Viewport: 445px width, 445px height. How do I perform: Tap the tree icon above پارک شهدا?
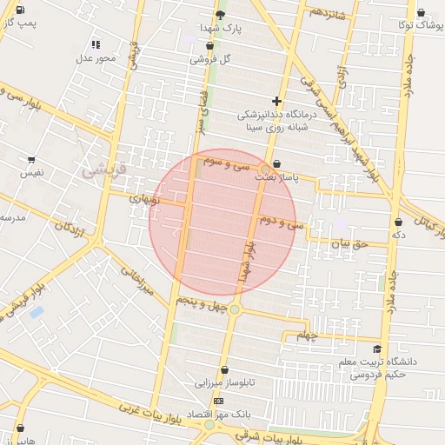pos(220,15)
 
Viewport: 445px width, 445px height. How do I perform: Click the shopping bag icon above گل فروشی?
pos(198,46)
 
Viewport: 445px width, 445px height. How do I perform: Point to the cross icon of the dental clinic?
pos(277,101)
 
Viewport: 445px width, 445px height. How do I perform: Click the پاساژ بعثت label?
pos(276,176)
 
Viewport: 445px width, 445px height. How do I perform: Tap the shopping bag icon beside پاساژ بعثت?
pos(276,163)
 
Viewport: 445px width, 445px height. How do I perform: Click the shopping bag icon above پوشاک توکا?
pos(422,13)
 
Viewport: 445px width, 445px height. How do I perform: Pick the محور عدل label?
pos(95,58)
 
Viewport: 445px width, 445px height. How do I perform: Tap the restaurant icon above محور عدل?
pos(96,44)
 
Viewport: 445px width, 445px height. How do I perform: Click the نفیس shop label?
pos(32,173)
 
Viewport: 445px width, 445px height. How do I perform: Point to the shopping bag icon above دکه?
pos(398,222)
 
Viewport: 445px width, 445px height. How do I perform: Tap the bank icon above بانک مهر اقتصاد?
pos(217,401)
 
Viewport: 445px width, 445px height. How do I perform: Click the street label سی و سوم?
pos(228,163)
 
